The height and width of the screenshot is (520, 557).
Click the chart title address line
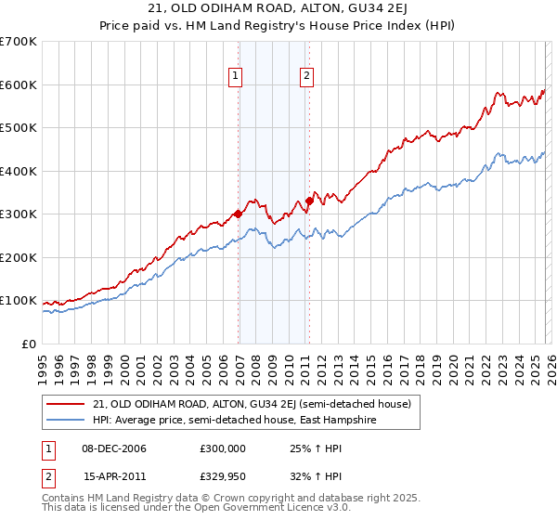278,10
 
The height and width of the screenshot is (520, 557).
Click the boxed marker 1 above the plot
236,77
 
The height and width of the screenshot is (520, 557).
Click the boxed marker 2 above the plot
306,77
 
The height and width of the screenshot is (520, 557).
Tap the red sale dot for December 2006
238,214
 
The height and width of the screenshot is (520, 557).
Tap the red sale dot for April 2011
309,201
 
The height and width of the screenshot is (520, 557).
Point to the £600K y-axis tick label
19,84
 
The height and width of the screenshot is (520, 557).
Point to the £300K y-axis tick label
19,214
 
